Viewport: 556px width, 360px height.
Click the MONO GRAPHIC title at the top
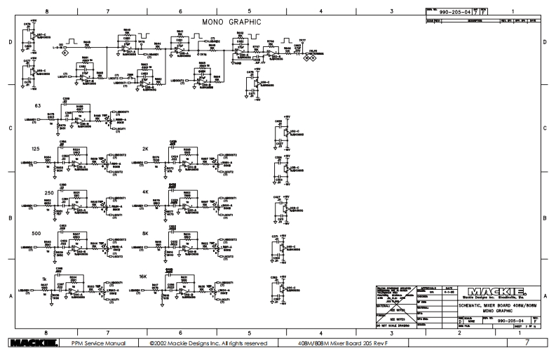(231, 22)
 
